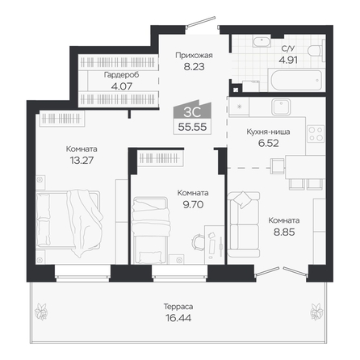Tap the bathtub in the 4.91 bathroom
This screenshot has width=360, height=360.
tap(296, 80)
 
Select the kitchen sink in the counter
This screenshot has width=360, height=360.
tap(281, 107)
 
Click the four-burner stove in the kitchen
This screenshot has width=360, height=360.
tap(316, 134)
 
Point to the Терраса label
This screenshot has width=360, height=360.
tap(178, 307)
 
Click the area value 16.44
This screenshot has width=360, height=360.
tap(178, 318)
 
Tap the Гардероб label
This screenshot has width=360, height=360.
tap(122, 75)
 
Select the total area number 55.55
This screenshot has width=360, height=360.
tap(192, 127)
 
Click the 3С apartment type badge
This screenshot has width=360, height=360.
tap(192, 111)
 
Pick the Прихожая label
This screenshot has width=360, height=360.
tap(194, 55)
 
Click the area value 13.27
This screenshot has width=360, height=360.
tap(82, 160)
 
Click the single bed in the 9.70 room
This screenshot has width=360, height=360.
tap(150, 230)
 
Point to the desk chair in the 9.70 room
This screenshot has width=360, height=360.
tap(199, 242)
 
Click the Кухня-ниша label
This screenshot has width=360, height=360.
tap(268, 132)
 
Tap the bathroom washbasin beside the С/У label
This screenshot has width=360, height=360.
tap(262, 41)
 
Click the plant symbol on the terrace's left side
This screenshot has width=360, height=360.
tap(41, 312)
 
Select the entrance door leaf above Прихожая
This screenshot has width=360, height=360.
tap(201, 22)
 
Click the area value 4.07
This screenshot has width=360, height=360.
tap(122, 86)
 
